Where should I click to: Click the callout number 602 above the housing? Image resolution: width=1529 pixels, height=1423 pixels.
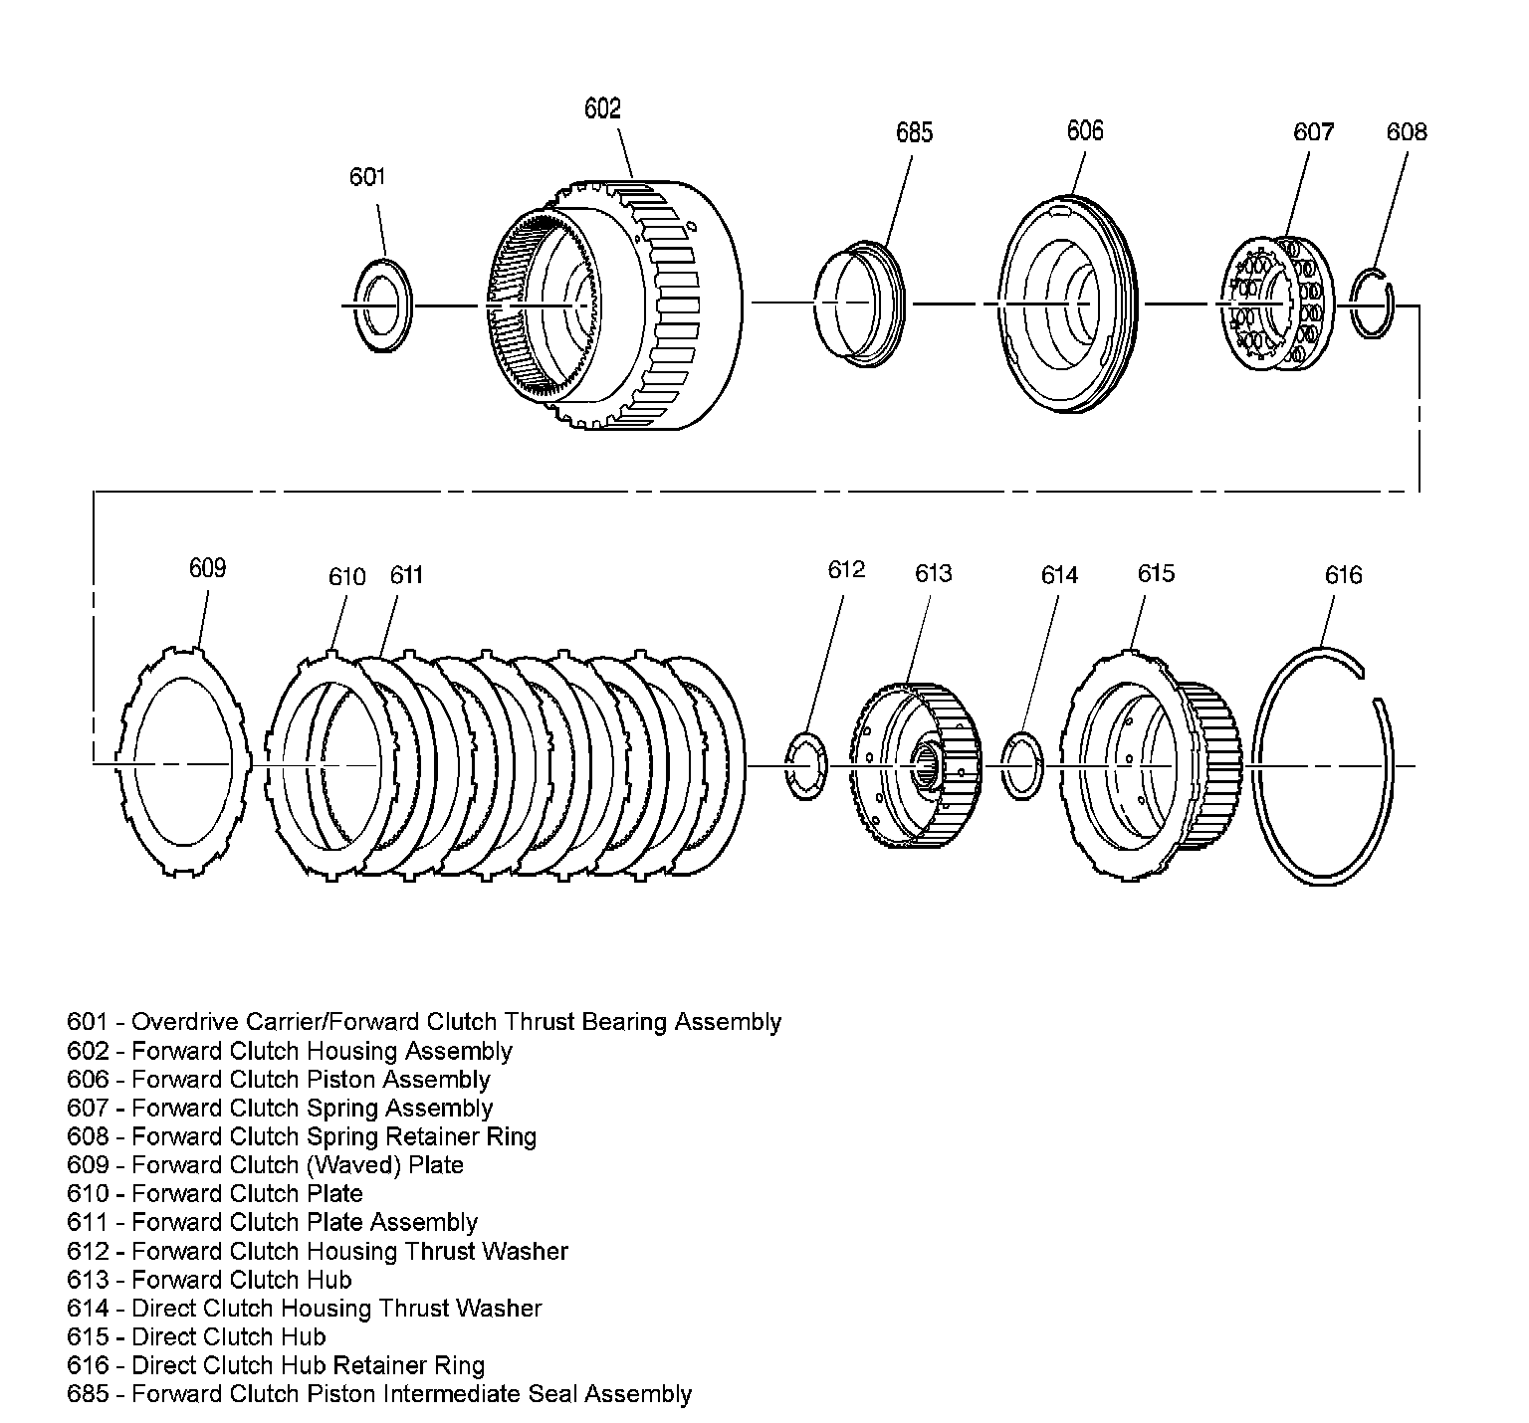tap(602, 107)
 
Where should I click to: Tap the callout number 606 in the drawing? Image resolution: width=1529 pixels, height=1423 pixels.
tap(1084, 130)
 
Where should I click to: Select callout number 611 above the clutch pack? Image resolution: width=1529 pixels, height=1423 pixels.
tap(406, 575)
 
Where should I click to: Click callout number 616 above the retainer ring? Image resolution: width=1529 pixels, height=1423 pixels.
tap(1343, 575)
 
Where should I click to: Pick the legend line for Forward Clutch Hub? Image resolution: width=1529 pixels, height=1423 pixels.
tap(209, 1280)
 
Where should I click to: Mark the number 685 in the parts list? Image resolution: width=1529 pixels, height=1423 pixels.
tap(88, 1394)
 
